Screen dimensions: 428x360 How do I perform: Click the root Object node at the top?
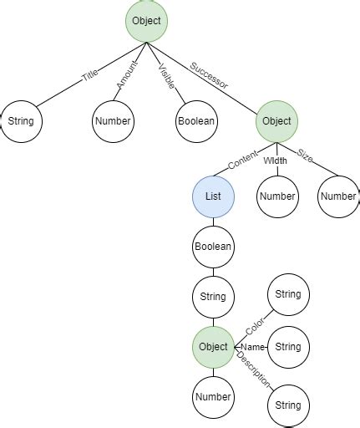click(148, 19)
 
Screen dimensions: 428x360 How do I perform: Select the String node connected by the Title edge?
click(20, 121)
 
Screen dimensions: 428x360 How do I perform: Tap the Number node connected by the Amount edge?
click(113, 121)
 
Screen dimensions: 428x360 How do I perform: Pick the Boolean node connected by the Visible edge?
click(196, 121)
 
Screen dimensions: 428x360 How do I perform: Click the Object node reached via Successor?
click(276, 121)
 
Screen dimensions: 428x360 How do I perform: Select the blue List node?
click(213, 197)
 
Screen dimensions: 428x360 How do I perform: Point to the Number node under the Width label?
click(276, 197)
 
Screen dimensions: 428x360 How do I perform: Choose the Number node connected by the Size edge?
click(339, 197)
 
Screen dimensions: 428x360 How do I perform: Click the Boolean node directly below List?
click(213, 247)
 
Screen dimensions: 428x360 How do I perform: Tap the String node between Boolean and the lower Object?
click(213, 297)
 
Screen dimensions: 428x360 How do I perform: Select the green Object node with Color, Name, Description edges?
click(213, 347)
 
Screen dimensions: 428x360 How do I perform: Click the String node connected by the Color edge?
click(287, 295)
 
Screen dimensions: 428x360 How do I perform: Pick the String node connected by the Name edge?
click(287, 347)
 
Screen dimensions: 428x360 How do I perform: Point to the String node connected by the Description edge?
click(287, 405)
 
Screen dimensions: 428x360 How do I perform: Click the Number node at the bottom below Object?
click(213, 397)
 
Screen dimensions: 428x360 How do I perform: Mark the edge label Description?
click(254, 369)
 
